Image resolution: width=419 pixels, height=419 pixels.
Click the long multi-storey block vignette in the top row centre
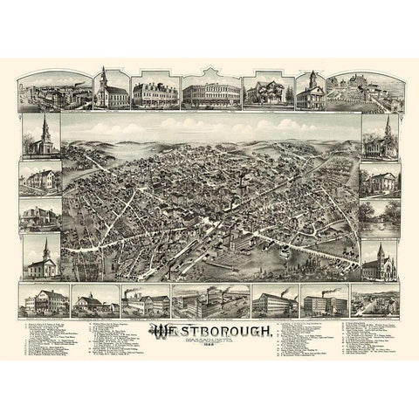point(209,92)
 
